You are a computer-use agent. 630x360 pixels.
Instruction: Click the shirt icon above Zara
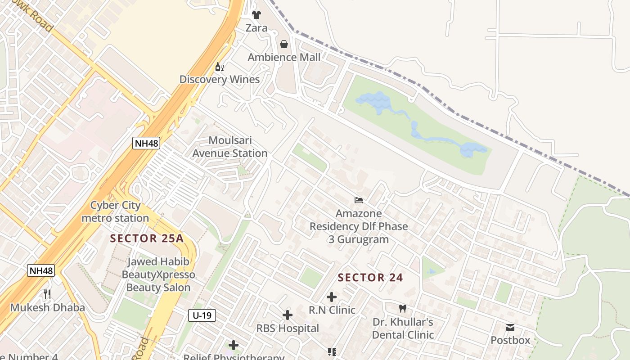256,15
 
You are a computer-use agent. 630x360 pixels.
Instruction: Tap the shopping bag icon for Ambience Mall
284,44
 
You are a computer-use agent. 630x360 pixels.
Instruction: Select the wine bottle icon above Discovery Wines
220,67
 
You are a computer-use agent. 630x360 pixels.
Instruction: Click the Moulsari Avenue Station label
230,147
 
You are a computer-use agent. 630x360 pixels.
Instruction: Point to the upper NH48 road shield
146,144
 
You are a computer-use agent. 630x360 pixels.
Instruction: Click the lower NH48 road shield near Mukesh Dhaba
41,270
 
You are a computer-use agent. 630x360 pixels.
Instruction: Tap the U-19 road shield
202,315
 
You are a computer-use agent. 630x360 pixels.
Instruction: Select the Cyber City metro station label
115,211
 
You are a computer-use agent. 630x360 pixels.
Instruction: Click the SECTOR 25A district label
147,238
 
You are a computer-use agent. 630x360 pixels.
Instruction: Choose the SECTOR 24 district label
370,278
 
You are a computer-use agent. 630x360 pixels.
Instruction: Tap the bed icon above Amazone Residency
359,200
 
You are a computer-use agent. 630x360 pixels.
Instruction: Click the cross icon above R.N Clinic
332,297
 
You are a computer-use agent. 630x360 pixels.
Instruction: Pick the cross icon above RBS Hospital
288,315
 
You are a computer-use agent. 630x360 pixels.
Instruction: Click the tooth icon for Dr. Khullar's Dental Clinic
403,309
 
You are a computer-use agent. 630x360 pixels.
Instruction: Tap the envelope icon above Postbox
510,327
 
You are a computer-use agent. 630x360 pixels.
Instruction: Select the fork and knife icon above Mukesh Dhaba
47,294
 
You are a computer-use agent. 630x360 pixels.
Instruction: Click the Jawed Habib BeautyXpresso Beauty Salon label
158,274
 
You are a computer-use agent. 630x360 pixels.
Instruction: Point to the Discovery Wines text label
220,80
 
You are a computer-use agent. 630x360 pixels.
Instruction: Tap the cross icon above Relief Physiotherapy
234,345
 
